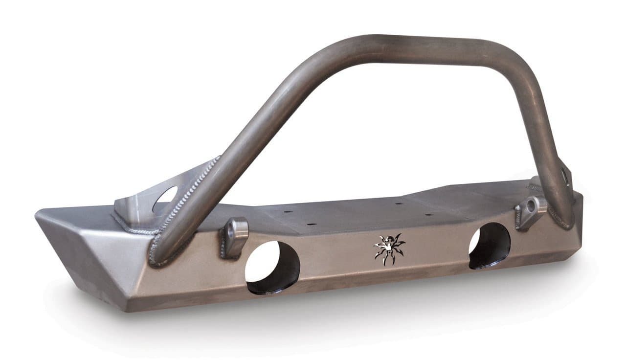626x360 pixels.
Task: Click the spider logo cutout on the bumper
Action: coord(389,249)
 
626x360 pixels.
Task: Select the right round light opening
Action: coord(489,246)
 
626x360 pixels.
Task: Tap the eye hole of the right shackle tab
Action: coord(532,206)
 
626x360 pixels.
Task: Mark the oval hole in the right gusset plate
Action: coord(566,176)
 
